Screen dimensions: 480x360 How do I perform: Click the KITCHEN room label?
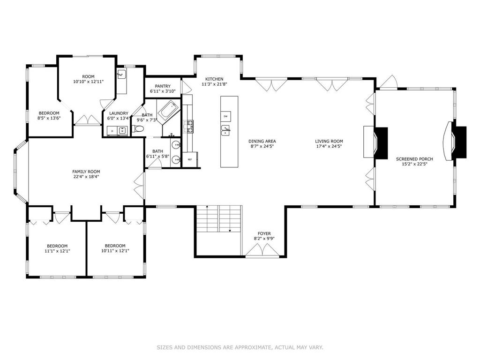pos(214,79)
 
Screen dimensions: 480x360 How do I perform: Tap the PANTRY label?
pos(163,86)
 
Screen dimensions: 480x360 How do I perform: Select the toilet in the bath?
pos(137,128)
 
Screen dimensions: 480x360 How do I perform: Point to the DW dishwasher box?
pos(225,116)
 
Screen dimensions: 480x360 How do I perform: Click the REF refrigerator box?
pos(190,159)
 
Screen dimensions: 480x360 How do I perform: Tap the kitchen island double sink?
pos(226,130)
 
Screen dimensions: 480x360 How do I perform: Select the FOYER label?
pos(264,233)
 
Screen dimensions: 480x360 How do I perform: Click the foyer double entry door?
pos(262,250)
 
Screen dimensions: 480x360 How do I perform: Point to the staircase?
pos(219,219)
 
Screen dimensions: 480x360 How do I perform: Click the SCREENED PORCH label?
pos(414,159)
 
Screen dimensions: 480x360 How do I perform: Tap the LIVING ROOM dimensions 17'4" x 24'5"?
pos(329,146)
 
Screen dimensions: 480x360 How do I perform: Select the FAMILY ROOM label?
pos(86,172)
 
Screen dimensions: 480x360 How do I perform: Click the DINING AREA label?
pos(262,142)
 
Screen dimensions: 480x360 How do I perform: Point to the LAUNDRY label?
pos(119,113)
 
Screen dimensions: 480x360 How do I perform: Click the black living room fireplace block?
pos(381,143)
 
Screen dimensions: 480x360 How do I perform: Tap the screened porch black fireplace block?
pos(459,142)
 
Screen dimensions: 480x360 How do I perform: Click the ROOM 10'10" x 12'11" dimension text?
pos(89,82)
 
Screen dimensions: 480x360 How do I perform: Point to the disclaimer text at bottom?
pos(240,347)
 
